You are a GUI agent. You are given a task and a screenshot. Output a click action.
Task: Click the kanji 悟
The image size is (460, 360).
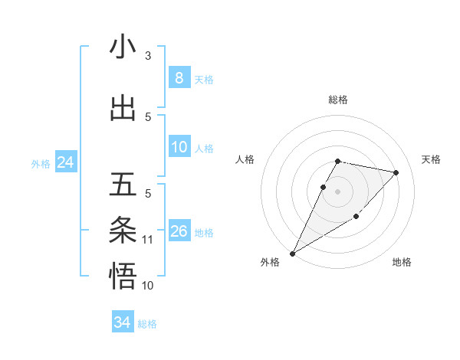point(123,276)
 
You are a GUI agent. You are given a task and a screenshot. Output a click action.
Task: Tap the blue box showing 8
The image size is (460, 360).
point(179,78)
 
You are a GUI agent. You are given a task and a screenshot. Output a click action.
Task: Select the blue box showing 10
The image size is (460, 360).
point(179,147)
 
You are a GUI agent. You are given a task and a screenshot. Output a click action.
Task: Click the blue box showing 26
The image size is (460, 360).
point(179,231)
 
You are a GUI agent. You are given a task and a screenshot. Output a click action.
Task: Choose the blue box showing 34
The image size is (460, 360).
point(122,322)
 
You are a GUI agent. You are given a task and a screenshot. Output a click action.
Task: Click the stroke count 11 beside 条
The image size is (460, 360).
point(148,240)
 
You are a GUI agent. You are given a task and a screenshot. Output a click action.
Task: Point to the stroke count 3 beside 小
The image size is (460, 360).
point(148,56)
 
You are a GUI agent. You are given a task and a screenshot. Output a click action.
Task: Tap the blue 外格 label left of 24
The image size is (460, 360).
point(41,163)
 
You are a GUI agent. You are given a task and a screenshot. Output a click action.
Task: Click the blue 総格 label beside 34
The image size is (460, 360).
point(147,324)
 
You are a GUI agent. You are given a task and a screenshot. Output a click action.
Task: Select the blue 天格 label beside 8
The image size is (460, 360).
point(204,80)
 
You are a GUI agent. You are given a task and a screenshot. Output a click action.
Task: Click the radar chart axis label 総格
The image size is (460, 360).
point(338,100)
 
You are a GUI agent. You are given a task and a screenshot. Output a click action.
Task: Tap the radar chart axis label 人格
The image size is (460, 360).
point(245,159)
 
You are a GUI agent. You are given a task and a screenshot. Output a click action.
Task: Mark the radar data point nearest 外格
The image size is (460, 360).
point(292,253)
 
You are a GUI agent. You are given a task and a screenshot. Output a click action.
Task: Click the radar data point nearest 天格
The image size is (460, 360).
point(396,173)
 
